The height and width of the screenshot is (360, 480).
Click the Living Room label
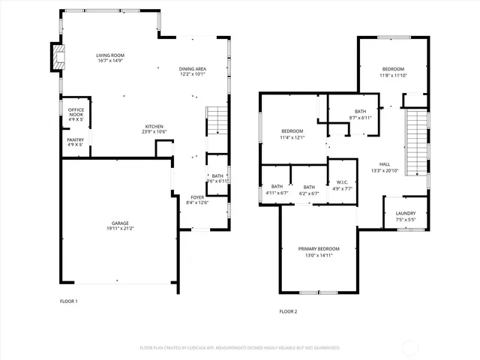click(109, 55)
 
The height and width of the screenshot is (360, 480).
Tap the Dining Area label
click(193, 69)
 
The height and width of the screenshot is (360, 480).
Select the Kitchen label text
click(154, 126)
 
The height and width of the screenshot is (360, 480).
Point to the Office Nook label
click(76, 112)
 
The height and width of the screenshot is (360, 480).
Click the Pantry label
click(75, 139)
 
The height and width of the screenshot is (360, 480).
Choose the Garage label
click(120, 223)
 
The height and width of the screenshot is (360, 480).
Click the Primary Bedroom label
click(319, 248)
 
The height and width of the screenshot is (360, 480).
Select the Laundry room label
click(405, 213)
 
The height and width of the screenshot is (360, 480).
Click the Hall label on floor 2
click(385, 164)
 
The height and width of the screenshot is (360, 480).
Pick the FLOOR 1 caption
click(68, 301)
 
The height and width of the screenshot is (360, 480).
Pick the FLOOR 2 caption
click(288, 311)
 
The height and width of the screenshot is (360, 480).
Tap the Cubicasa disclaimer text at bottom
click(240, 347)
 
